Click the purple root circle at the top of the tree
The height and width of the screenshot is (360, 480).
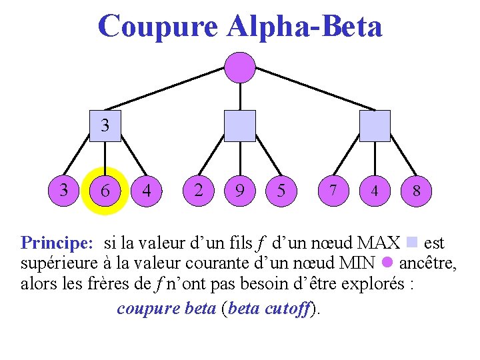pyautogui.click(x=239, y=67)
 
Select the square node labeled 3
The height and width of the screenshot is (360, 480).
pyautogui.click(x=105, y=126)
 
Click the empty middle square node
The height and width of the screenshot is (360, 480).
pyautogui.click(x=239, y=126)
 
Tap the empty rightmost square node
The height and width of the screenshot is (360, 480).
pyautogui.click(x=375, y=126)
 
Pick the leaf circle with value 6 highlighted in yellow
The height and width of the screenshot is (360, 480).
pyautogui.click(x=105, y=191)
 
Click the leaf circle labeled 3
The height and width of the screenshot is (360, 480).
pyautogui.click(x=63, y=191)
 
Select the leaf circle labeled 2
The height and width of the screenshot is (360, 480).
pyautogui.click(x=198, y=191)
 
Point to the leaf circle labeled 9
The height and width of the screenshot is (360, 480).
pyautogui.click(x=239, y=191)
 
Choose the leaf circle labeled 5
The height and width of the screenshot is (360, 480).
pyautogui.click(x=281, y=191)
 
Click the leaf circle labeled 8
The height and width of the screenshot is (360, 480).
pyautogui.click(x=416, y=191)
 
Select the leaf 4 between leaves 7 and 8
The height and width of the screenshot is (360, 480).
pyautogui.click(x=375, y=191)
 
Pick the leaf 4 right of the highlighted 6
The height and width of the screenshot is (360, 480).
pyautogui.click(x=147, y=191)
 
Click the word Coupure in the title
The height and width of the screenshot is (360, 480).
pyautogui.click(x=157, y=27)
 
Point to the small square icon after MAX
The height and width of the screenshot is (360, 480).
pyautogui.click(x=411, y=241)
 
